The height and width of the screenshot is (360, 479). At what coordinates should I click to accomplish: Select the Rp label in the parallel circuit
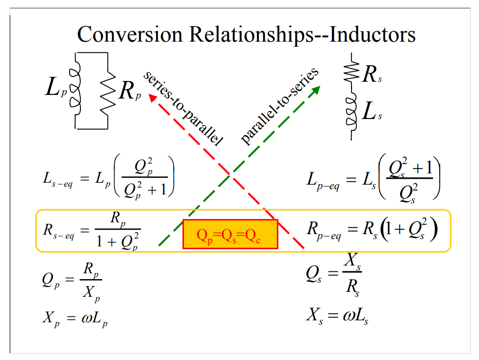click(x=129, y=91)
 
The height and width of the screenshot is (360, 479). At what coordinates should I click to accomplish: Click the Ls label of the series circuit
click(x=371, y=111)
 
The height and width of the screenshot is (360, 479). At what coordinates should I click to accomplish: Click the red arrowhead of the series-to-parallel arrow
click(x=152, y=97)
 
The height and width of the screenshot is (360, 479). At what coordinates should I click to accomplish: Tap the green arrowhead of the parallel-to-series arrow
click(x=316, y=90)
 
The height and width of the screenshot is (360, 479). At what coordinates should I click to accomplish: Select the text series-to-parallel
click(x=183, y=108)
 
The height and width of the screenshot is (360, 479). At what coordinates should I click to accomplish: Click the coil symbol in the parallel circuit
click(x=75, y=88)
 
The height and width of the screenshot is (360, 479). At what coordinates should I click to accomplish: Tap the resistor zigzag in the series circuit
click(x=352, y=72)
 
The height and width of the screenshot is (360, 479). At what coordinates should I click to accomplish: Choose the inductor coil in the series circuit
click(x=351, y=111)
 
